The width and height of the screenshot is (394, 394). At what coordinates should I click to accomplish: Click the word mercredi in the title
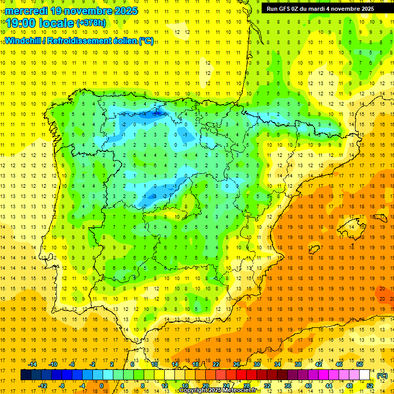27,11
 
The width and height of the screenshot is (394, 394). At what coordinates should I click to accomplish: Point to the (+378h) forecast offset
91,23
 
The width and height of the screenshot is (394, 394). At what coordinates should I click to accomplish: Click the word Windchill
23,41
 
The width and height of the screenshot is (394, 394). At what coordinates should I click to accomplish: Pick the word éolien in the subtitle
121,41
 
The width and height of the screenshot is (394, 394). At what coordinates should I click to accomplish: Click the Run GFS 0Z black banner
320,9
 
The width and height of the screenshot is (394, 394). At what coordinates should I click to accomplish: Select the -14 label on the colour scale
32,364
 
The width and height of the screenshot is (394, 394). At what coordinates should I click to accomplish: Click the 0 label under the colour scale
101,385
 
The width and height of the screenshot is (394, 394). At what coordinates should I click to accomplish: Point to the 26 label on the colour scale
237,364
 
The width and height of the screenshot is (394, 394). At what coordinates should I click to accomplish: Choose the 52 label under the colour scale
370,385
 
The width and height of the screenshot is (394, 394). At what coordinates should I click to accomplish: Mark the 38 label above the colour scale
298,364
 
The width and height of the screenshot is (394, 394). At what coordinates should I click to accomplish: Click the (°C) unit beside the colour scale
382,376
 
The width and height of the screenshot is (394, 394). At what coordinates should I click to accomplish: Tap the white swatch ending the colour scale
364,375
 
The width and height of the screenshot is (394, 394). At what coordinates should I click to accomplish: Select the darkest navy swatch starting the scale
26,375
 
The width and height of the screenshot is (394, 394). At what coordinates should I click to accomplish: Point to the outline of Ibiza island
314,249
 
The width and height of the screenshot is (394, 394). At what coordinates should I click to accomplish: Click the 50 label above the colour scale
360,364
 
